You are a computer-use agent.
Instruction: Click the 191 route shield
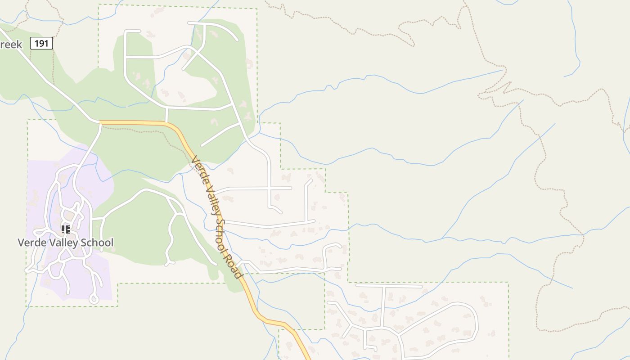(42, 43)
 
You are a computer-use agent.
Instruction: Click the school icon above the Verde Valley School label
(66, 229)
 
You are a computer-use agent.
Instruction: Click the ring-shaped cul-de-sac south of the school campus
(94, 298)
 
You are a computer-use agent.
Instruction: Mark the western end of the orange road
(100, 122)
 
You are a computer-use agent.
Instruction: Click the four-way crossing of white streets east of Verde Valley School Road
(270, 188)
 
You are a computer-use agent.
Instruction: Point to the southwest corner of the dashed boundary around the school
(27, 306)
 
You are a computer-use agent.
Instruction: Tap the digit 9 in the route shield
(42, 43)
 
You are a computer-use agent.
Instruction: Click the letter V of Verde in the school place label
(21, 243)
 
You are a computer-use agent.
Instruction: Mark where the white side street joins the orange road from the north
(166, 122)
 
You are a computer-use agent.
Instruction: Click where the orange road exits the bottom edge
(309, 358)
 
